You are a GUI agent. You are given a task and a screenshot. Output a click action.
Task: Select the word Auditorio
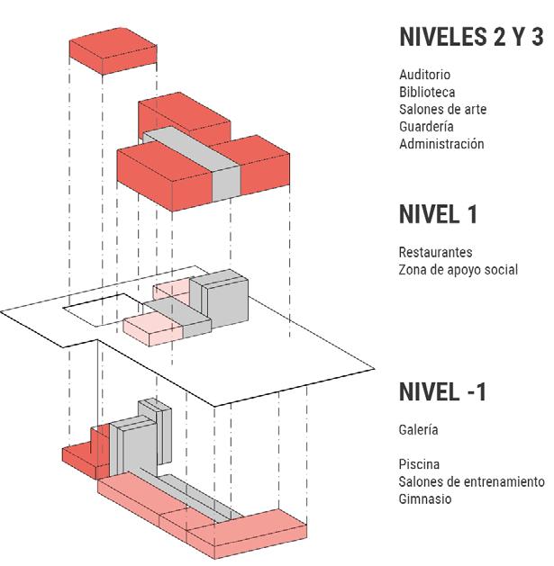pyautogui.click(x=424, y=75)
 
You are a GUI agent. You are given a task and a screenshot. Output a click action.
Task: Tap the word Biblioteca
pyautogui.click(x=427, y=92)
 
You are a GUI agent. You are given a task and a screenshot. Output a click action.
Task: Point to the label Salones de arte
pyautogui.click(x=442, y=109)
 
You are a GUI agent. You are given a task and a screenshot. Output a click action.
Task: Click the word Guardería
pyautogui.click(x=426, y=126)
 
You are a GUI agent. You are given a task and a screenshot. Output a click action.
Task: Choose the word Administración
pyautogui.click(x=441, y=144)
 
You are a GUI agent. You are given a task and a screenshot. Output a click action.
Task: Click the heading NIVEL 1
pyautogui.click(x=438, y=215)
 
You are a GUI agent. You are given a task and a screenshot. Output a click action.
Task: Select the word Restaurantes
pyautogui.click(x=435, y=253)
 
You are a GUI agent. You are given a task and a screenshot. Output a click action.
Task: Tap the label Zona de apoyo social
pyautogui.click(x=458, y=270)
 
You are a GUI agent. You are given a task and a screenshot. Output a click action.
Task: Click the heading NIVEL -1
pyautogui.click(x=442, y=392)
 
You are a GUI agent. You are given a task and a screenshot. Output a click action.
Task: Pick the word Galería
pyautogui.click(x=419, y=430)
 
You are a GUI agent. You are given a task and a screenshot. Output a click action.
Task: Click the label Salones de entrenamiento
pyautogui.click(x=472, y=481)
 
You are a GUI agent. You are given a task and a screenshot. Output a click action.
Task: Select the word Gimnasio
pyautogui.click(x=425, y=499)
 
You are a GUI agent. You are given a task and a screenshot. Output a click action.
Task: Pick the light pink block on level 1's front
pyautogui.click(x=153, y=328)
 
